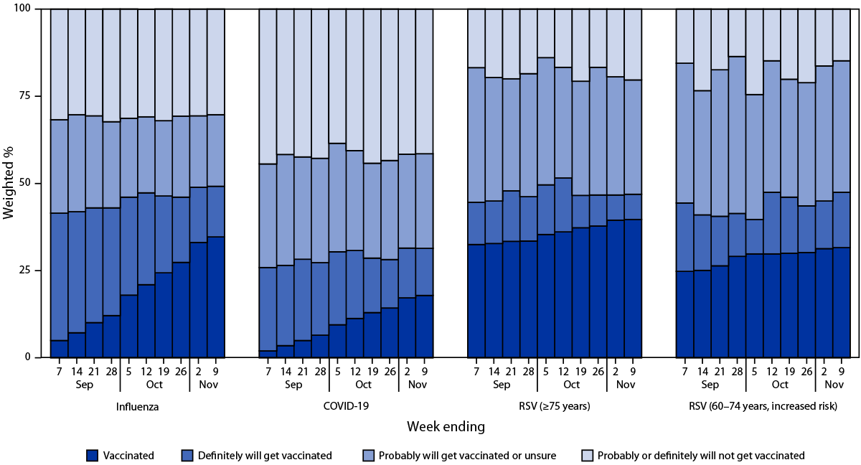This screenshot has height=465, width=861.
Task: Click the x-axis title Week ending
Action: point(446,427)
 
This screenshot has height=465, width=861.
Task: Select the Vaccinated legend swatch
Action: point(92,455)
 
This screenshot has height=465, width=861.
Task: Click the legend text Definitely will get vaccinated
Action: point(265,455)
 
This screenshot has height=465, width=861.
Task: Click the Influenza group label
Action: point(138,406)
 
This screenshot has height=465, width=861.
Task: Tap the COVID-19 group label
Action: point(347,406)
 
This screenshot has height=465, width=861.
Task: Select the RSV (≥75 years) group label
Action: point(555,406)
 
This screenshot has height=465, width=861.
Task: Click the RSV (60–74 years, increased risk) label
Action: point(764,406)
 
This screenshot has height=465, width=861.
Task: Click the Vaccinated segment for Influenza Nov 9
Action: point(216,297)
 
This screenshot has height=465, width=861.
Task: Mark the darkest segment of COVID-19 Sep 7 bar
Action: point(268,354)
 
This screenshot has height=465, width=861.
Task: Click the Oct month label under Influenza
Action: point(155,384)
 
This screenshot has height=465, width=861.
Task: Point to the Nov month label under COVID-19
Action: point(416,384)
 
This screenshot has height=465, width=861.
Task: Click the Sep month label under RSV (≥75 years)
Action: point(503,384)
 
